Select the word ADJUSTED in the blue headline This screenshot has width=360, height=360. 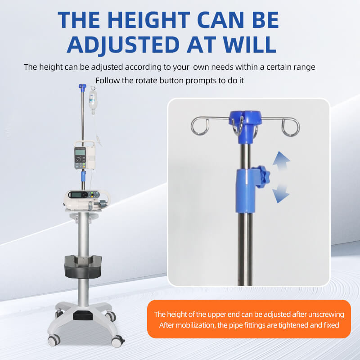coord(123,45)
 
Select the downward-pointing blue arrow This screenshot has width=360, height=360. coord(280,193)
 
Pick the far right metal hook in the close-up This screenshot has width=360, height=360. coord(291,127)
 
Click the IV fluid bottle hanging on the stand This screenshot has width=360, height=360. coord(93,101)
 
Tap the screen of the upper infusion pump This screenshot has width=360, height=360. coord(80,152)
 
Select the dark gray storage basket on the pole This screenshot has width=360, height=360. coord(83,266)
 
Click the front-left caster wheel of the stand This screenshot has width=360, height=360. coord(54,340)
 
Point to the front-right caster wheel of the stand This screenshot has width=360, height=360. coord(117,341)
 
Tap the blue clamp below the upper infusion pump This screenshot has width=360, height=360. coord(83,176)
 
